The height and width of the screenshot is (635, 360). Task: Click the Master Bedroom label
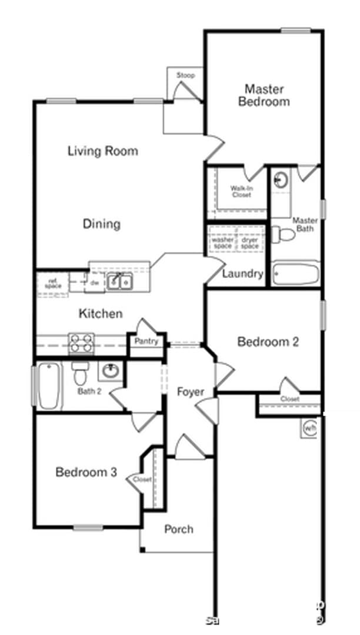(x=264, y=95)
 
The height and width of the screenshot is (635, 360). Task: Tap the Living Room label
(x=103, y=151)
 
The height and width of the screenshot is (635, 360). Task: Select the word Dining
(x=101, y=224)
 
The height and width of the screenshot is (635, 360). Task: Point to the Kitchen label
(x=101, y=314)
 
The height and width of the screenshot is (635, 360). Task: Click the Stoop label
(x=185, y=76)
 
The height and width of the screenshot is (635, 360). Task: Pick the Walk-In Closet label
(x=241, y=191)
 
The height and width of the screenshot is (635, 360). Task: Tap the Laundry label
(x=242, y=274)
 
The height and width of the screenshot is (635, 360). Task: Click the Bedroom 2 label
(x=268, y=342)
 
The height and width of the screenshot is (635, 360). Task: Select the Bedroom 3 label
(x=86, y=472)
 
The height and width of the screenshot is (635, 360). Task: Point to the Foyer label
(x=191, y=392)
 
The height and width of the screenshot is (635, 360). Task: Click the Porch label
(x=179, y=529)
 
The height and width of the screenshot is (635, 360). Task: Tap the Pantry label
(x=146, y=341)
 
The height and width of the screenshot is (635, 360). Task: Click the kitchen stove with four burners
(x=81, y=342)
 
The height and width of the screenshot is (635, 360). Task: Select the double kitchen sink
(x=119, y=282)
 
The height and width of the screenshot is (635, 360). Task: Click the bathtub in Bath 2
(x=50, y=387)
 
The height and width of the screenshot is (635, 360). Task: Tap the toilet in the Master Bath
(x=285, y=233)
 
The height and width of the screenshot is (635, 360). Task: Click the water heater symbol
(x=310, y=429)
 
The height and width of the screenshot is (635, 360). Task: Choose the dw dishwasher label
(x=95, y=283)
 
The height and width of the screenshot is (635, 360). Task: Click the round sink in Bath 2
(x=110, y=371)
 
